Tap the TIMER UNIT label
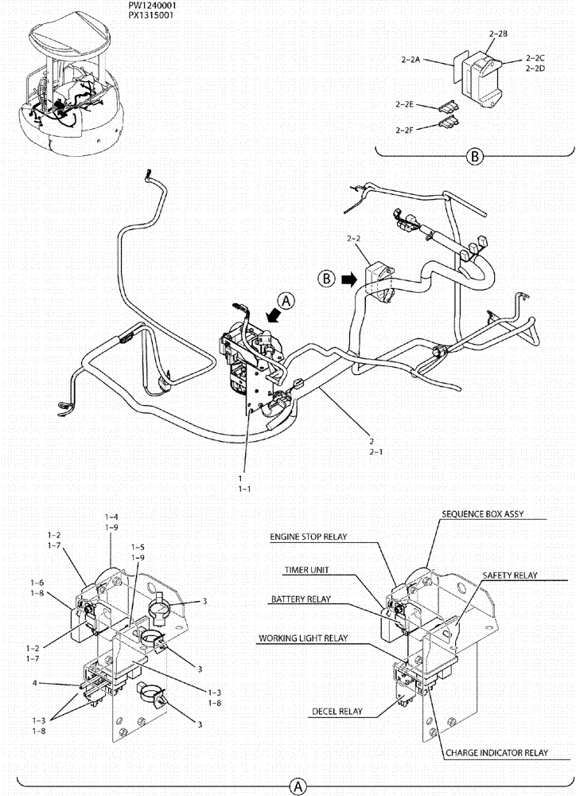(x=306, y=570)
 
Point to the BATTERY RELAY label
(x=300, y=599)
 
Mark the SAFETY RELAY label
(x=510, y=575)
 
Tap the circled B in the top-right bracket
(x=474, y=157)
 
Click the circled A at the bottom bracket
(x=298, y=786)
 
